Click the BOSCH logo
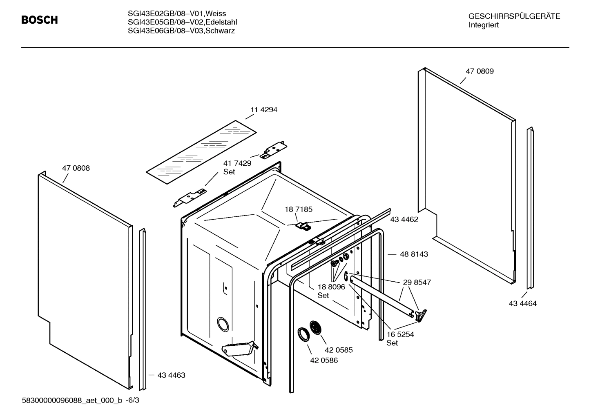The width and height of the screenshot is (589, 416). click(x=39, y=20)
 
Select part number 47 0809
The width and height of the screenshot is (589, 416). click(x=480, y=71)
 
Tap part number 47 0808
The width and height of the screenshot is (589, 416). click(x=76, y=168)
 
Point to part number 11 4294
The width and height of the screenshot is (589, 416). click(x=263, y=110)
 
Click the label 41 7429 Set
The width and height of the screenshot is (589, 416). click(x=237, y=167)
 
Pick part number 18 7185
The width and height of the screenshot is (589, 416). click(x=298, y=209)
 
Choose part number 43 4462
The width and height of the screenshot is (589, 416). click(x=404, y=220)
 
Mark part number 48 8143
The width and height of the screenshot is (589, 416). click(x=414, y=254)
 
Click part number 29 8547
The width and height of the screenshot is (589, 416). click(x=417, y=282)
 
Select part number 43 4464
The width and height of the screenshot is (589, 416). click(x=522, y=303)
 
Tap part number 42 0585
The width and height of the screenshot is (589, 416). click(x=339, y=350)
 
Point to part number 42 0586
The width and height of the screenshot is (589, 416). click(x=324, y=360)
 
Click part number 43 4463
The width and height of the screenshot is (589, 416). click(x=171, y=375)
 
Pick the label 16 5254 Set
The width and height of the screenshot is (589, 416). click(x=400, y=338)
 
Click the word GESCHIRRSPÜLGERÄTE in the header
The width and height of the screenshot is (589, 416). click(x=514, y=16)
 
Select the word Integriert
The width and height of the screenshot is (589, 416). click(x=484, y=25)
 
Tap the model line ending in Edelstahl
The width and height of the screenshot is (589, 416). click(x=182, y=22)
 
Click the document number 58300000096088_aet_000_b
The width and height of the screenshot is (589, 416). click(x=71, y=400)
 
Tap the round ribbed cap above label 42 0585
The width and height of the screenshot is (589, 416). click(x=316, y=327)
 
